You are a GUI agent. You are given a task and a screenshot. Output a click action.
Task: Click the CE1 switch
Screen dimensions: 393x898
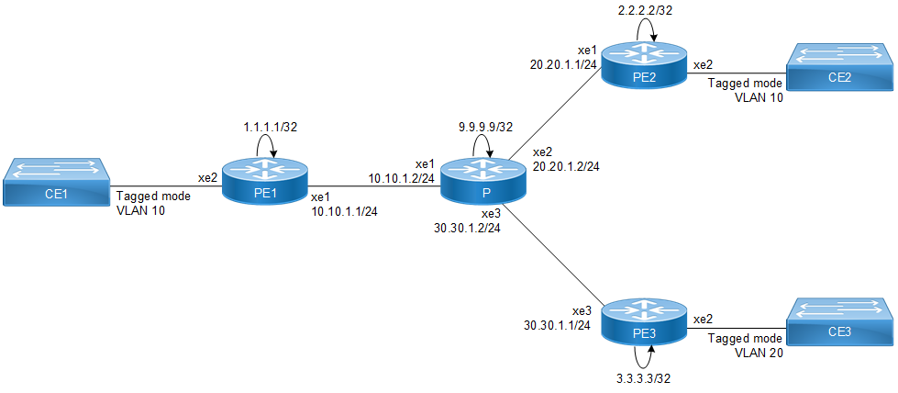tap(58, 179)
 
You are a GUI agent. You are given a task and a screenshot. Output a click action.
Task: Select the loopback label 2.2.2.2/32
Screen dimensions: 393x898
tap(648, 10)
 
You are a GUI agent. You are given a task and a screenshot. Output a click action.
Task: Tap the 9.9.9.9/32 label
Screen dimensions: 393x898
tap(483, 128)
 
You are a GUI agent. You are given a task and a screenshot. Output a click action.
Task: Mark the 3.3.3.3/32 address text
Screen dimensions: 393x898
tap(648, 378)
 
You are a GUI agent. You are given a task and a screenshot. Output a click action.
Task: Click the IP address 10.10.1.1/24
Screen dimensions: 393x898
tap(345, 210)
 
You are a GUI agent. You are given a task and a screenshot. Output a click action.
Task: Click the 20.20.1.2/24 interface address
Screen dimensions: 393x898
tap(567, 168)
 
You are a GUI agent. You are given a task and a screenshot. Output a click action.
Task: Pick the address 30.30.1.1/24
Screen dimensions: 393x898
tap(557, 324)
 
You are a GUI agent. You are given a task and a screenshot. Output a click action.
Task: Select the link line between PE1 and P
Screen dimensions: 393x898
tap(375, 182)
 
